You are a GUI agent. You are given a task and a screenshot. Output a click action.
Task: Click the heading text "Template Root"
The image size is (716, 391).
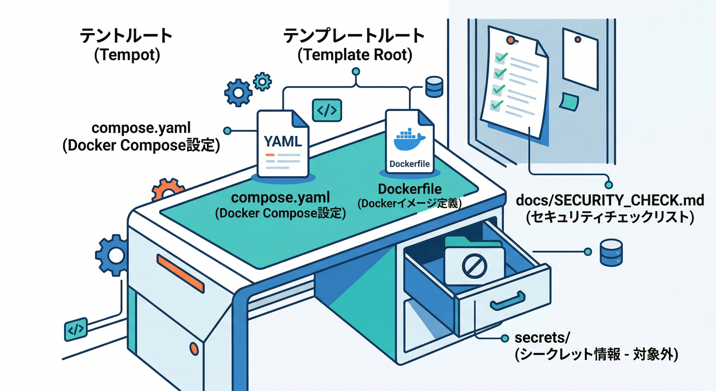(x=354, y=54)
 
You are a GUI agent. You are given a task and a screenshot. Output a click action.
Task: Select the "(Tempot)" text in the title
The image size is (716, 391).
(x=127, y=54)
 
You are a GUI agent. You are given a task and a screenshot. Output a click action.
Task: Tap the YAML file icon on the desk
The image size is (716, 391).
(x=283, y=143)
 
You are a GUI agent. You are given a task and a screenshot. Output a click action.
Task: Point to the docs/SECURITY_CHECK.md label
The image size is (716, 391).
(x=610, y=200)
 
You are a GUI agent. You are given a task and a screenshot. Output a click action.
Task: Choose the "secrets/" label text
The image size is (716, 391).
(x=537, y=338)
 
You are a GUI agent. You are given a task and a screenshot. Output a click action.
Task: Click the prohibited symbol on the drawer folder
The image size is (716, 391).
(x=474, y=265)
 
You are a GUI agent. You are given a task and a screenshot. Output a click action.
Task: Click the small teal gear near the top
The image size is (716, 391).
(x=262, y=81)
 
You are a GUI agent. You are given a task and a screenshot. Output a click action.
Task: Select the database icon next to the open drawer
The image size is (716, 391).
(x=610, y=252)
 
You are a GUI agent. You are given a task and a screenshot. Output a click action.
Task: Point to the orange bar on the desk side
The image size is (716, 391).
(x=181, y=273)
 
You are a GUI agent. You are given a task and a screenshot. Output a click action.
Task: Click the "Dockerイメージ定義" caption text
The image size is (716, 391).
(x=409, y=204)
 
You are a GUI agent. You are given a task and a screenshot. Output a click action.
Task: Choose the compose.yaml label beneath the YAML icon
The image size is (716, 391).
(x=281, y=198)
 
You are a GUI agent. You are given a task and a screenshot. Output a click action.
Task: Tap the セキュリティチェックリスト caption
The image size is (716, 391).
(x=610, y=217)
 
